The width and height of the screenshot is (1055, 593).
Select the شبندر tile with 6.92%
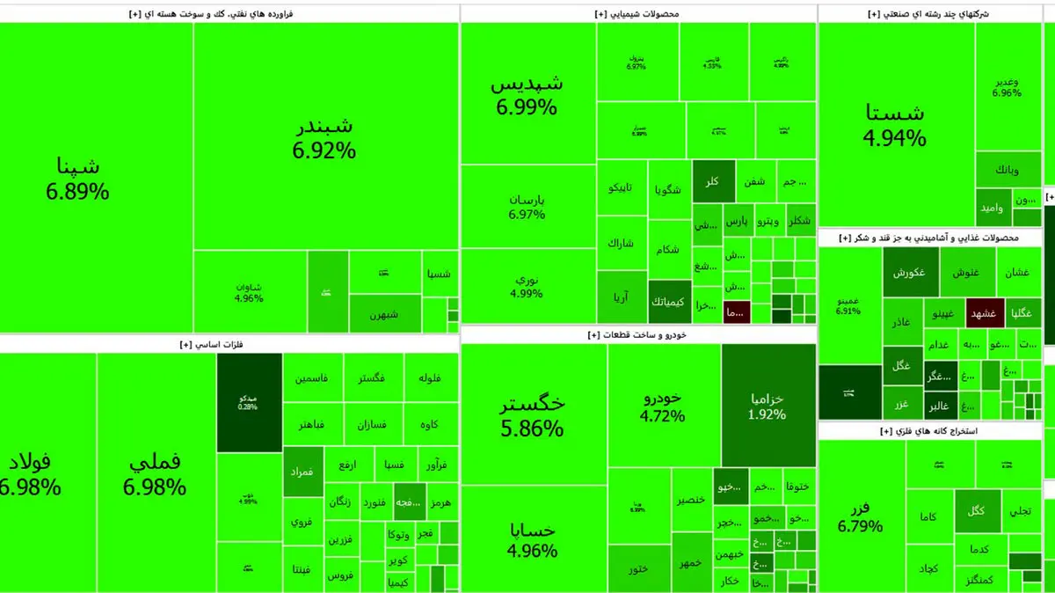[x=324, y=137]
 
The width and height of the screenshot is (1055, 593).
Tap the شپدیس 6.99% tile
[x=527, y=95]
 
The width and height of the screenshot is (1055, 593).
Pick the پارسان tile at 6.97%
[x=527, y=206]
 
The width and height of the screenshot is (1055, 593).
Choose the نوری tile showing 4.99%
[x=527, y=287]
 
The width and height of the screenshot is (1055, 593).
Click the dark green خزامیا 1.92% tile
[x=768, y=406]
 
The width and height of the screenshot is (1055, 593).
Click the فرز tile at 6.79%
[x=860, y=516]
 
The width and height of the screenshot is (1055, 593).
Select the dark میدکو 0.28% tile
[x=249, y=402]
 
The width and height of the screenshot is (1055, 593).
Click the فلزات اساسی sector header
[x=228, y=344]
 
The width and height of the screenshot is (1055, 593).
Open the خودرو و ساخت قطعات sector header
[x=637, y=335]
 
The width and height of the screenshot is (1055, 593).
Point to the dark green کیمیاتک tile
[x=669, y=302]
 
